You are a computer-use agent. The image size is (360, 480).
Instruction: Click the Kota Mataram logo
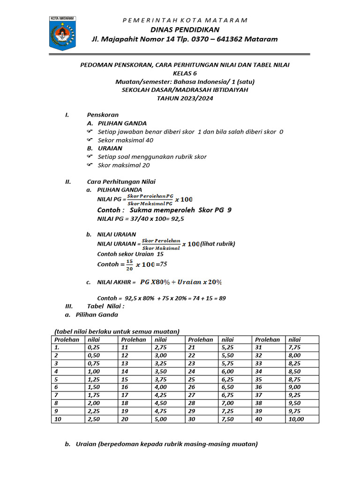62,33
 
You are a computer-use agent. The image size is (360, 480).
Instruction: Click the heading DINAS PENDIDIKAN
185,29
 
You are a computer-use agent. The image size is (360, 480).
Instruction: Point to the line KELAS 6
185,73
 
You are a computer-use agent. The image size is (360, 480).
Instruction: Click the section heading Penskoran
103,115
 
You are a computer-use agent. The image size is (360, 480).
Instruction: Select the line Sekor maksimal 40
126,140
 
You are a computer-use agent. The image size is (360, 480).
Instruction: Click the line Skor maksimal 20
124,165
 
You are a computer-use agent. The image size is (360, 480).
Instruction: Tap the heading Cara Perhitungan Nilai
121,182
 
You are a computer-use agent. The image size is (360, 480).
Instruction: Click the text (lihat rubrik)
217,244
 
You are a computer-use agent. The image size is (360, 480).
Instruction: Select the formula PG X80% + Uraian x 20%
181,282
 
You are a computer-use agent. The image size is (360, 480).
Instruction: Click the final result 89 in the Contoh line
222,298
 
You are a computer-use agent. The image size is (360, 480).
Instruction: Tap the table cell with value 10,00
296,420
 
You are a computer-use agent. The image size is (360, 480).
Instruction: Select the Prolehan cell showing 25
192,379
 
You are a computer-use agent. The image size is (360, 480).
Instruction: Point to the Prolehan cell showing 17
125,396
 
